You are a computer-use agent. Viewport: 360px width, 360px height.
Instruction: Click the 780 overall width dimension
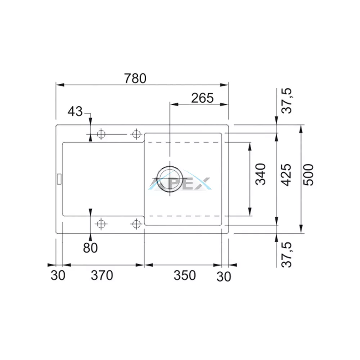(135, 78)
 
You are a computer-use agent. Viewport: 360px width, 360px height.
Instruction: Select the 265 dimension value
(202, 98)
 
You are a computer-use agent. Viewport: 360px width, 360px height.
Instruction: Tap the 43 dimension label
(75, 112)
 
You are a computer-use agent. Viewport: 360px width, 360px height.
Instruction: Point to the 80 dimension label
(90, 248)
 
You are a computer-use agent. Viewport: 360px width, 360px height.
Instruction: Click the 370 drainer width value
(102, 275)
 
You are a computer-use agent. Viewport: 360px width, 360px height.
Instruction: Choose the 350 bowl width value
(185, 275)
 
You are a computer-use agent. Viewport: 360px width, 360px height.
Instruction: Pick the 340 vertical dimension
(261, 174)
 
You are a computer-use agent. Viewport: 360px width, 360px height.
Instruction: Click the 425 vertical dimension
(286, 175)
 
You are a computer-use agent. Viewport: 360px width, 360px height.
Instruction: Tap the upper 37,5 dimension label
(287, 100)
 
